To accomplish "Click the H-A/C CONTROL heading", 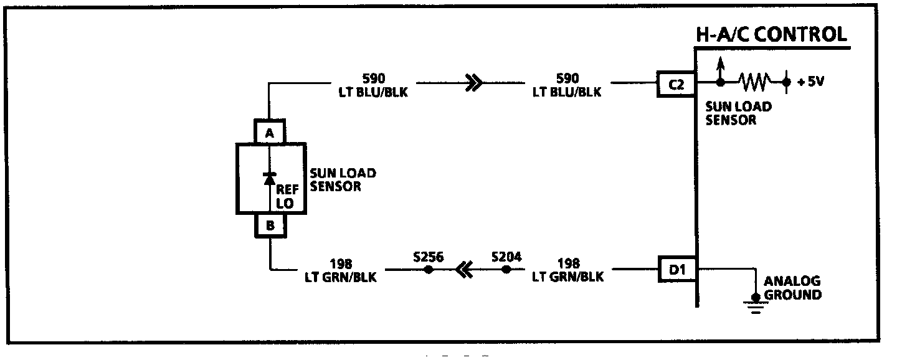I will [x=772, y=34].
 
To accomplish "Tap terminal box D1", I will [x=678, y=270].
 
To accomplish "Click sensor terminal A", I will [x=269, y=132].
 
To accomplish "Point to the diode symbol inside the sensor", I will [x=269, y=178].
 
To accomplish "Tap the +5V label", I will [x=811, y=82].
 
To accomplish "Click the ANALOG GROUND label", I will [x=792, y=288].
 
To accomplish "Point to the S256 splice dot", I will [x=428, y=270].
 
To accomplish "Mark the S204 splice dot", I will [x=506, y=270].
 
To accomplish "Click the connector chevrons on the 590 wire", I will [x=473, y=82].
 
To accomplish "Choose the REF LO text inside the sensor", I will [x=287, y=197].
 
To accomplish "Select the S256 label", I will [x=428, y=256].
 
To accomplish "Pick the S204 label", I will [x=506, y=256].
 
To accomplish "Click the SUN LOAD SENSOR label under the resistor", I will [x=738, y=113].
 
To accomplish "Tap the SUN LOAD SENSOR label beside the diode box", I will [x=343, y=179].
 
